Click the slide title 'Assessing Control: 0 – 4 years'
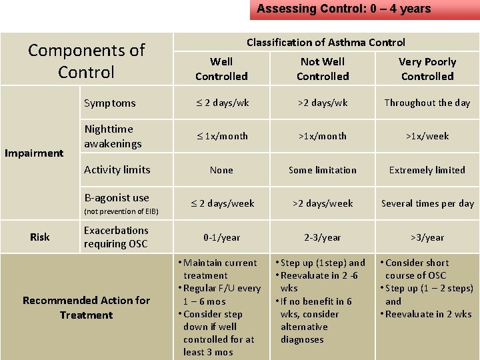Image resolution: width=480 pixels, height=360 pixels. [x=344, y=9]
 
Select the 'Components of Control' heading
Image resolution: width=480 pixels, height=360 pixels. [x=86, y=61]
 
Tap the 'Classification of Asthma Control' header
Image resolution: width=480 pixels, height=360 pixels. [x=325, y=42]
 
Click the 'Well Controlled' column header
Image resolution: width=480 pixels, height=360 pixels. [x=221, y=69]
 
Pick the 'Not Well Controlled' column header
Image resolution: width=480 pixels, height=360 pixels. [x=323, y=69]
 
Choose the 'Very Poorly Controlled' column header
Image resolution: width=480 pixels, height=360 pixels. [x=427, y=69]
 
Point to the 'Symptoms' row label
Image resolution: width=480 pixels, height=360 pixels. [x=110, y=103]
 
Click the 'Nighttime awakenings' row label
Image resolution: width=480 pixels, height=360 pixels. [x=109, y=136]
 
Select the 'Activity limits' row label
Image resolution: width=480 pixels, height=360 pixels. [x=117, y=170]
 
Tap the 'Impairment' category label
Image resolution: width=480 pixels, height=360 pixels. [x=34, y=153]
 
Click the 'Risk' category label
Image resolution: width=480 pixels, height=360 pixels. [x=40, y=237]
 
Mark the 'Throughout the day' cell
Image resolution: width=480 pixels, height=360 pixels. [x=427, y=103]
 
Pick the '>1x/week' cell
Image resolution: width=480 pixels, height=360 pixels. [x=427, y=136]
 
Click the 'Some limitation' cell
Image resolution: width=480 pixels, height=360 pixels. [x=323, y=170]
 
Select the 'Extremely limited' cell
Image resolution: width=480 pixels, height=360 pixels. [x=427, y=170]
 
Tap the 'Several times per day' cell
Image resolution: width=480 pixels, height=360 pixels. [x=427, y=203]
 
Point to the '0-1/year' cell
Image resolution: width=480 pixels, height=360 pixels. [x=221, y=237]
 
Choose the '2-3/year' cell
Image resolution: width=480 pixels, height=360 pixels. [x=323, y=237]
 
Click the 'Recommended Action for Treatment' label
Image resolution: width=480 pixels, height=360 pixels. [x=86, y=307]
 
